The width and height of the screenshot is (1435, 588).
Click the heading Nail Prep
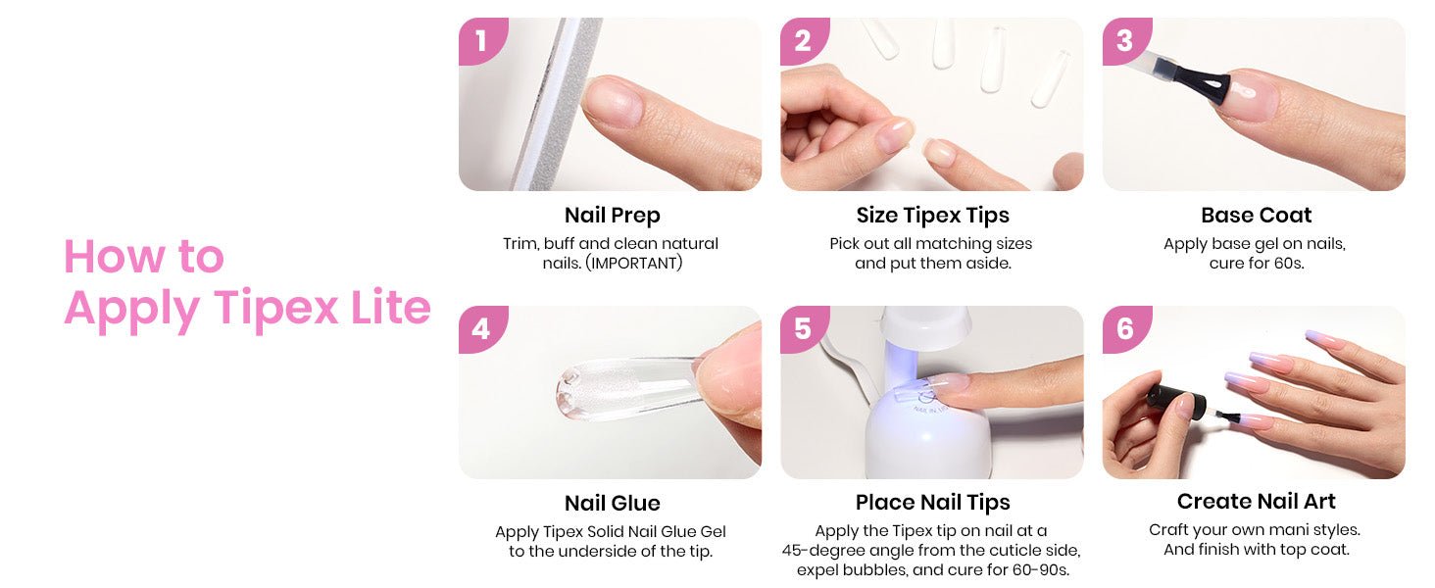pyautogui.click(x=612, y=216)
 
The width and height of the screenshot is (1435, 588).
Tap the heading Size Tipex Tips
pyautogui.click(x=933, y=216)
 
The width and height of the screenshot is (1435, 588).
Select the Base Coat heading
pyautogui.click(x=1257, y=215)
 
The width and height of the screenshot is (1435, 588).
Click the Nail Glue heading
pyautogui.click(x=612, y=503)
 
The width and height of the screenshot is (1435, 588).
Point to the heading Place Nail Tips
pyautogui.click(x=933, y=503)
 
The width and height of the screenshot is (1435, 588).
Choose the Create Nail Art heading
pyautogui.click(x=1257, y=501)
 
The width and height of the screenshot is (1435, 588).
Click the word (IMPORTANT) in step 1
pyautogui.click(x=633, y=264)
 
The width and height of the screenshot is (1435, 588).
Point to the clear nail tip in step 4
pyautogui.click(x=631, y=389)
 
